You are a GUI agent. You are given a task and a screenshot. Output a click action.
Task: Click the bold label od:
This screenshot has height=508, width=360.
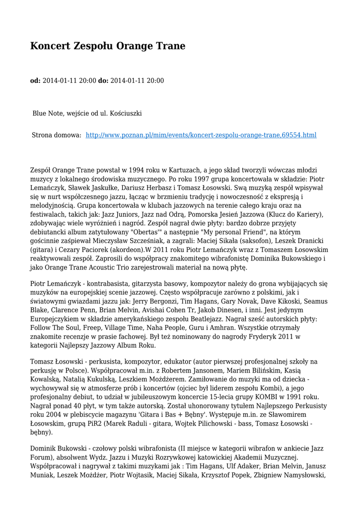[35, 80]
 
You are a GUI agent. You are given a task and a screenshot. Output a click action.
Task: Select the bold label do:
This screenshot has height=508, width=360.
[103, 80]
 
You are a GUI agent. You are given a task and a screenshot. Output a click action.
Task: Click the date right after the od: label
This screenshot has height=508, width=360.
[70, 80]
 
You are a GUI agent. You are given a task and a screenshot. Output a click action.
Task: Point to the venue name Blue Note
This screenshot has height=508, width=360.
[46, 113]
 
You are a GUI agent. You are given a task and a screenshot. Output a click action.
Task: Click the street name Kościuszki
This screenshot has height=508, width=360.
[125, 113]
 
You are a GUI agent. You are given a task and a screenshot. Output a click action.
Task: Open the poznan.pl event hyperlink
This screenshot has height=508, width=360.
[201, 135]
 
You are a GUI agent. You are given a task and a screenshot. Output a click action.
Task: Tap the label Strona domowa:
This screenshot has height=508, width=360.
[57, 135]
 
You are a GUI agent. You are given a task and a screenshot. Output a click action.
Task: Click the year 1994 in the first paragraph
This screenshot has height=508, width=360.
[132, 170]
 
